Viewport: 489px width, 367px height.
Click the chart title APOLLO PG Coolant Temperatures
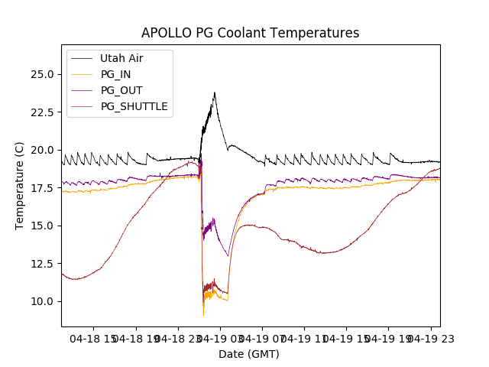point(250,33)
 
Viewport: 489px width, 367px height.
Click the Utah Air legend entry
point(121,58)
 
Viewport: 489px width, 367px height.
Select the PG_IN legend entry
point(115,74)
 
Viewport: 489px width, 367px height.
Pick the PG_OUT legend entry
point(121,90)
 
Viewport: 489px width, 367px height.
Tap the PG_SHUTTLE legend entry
point(134,106)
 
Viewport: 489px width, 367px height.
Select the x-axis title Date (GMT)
point(249,354)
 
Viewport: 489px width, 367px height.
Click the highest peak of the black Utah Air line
point(215,93)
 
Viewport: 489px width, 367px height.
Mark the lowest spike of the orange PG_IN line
point(203,315)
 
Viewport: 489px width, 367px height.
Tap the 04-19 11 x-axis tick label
point(304,338)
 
